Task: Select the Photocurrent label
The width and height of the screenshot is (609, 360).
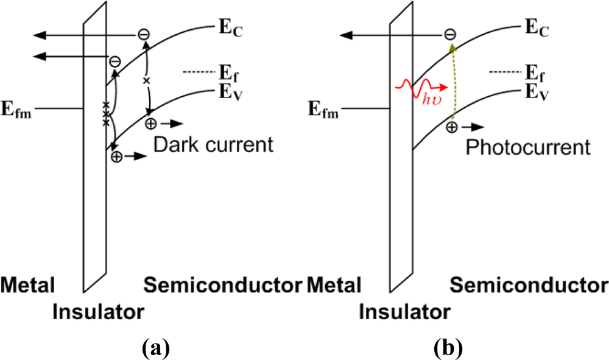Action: click(x=527, y=147)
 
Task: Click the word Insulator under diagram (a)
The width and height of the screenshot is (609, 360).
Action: click(x=98, y=312)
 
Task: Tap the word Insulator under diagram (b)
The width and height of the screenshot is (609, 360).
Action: click(x=405, y=312)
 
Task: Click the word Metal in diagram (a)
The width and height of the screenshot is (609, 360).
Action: click(x=28, y=284)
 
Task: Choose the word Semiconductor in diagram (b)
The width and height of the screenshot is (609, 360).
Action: click(x=529, y=284)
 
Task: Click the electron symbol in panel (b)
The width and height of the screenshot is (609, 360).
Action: click(x=449, y=34)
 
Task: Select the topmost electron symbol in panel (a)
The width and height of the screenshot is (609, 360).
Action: click(x=143, y=34)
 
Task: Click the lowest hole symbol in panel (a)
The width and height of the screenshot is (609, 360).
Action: click(x=115, y=157)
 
